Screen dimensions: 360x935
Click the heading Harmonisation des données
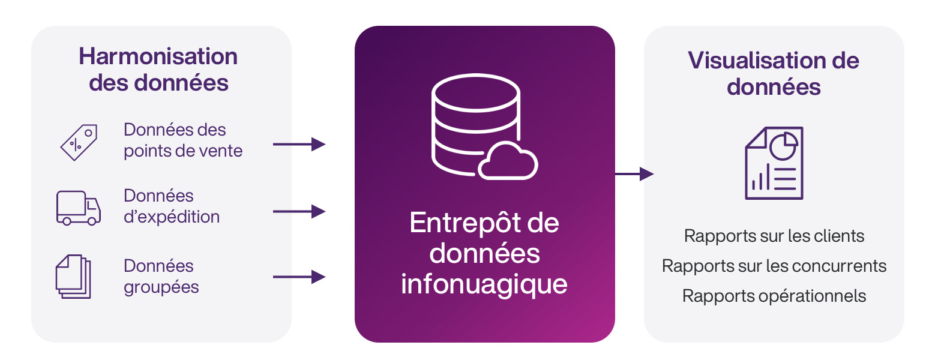tap(158, 70)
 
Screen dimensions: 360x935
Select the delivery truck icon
tap(78, 208)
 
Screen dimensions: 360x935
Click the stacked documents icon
tap(73, 276)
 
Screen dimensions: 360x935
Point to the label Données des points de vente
tap(183, 140)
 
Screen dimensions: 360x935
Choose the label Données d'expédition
tap(172, 206)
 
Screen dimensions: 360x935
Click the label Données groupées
tap(161, 276)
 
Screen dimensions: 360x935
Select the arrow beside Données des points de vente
tap(299, 144)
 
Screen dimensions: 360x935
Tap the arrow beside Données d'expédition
tap(299, 211)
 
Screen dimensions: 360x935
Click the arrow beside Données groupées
tap(299, 277)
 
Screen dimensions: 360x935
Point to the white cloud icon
tap(508, 161)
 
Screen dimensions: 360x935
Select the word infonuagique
tap(484, 283)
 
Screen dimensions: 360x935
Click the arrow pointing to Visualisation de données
tap(634, 174)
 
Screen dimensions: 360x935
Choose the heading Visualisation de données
tap(774, 73)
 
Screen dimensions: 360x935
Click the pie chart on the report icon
tap(783, 146)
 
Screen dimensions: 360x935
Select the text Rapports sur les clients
tap(774, 236)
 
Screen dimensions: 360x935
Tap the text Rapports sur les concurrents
tap(774, 265)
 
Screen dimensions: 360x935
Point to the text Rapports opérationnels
tap(774, 295)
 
